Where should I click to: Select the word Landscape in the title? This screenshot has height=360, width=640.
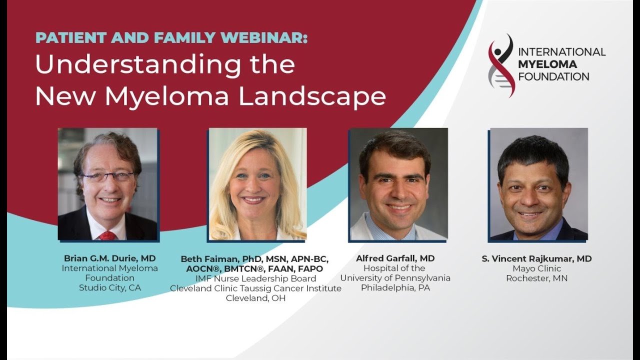312,95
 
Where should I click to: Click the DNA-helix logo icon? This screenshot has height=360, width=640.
501,65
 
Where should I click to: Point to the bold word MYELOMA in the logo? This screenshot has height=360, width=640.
547,64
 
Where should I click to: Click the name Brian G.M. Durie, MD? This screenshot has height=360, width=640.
109,258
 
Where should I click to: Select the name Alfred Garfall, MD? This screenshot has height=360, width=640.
395,258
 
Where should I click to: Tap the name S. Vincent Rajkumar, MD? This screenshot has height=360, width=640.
536,258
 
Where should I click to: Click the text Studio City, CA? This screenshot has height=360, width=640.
110,287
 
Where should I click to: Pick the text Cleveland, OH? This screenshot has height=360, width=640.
255,298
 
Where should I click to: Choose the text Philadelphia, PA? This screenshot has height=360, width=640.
395,287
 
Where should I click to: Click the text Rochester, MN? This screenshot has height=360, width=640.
537,278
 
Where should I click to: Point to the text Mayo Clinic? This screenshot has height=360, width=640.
537,268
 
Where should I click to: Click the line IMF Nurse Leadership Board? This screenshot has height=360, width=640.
255,278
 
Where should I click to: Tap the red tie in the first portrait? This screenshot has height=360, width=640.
107,235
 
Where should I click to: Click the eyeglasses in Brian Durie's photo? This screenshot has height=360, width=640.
108,176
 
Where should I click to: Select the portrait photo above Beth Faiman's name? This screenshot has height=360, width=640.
257,184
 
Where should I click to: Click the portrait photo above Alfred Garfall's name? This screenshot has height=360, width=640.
399,184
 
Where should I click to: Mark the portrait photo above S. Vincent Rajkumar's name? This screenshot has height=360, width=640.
539,184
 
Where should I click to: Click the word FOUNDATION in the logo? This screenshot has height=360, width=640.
553,76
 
